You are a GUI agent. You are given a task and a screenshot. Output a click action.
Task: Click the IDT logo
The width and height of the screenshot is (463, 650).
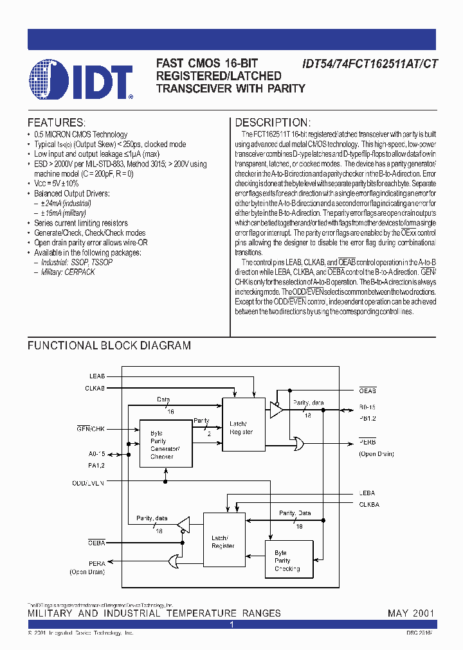point(81,80)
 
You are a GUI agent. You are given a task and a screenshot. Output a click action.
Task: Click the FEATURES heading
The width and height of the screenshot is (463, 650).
point(56,122)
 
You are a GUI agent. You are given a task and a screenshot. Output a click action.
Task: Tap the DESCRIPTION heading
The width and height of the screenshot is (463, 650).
point(273,122)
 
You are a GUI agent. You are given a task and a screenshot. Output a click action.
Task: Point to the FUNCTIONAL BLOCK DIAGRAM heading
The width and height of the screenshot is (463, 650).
point(109,346)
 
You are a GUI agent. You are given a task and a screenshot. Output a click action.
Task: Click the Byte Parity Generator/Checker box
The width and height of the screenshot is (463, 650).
point(165,444)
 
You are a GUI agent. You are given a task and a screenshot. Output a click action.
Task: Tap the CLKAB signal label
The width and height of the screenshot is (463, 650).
point(94,388)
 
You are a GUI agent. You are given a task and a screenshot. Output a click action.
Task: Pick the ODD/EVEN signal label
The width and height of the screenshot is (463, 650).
point(89,482)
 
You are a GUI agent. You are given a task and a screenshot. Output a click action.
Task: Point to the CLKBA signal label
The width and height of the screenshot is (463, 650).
point(368,505)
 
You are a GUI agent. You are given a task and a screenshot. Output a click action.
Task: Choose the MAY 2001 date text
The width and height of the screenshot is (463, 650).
point(411,613)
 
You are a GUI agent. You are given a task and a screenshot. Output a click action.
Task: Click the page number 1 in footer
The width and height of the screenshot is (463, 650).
point(232,624)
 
